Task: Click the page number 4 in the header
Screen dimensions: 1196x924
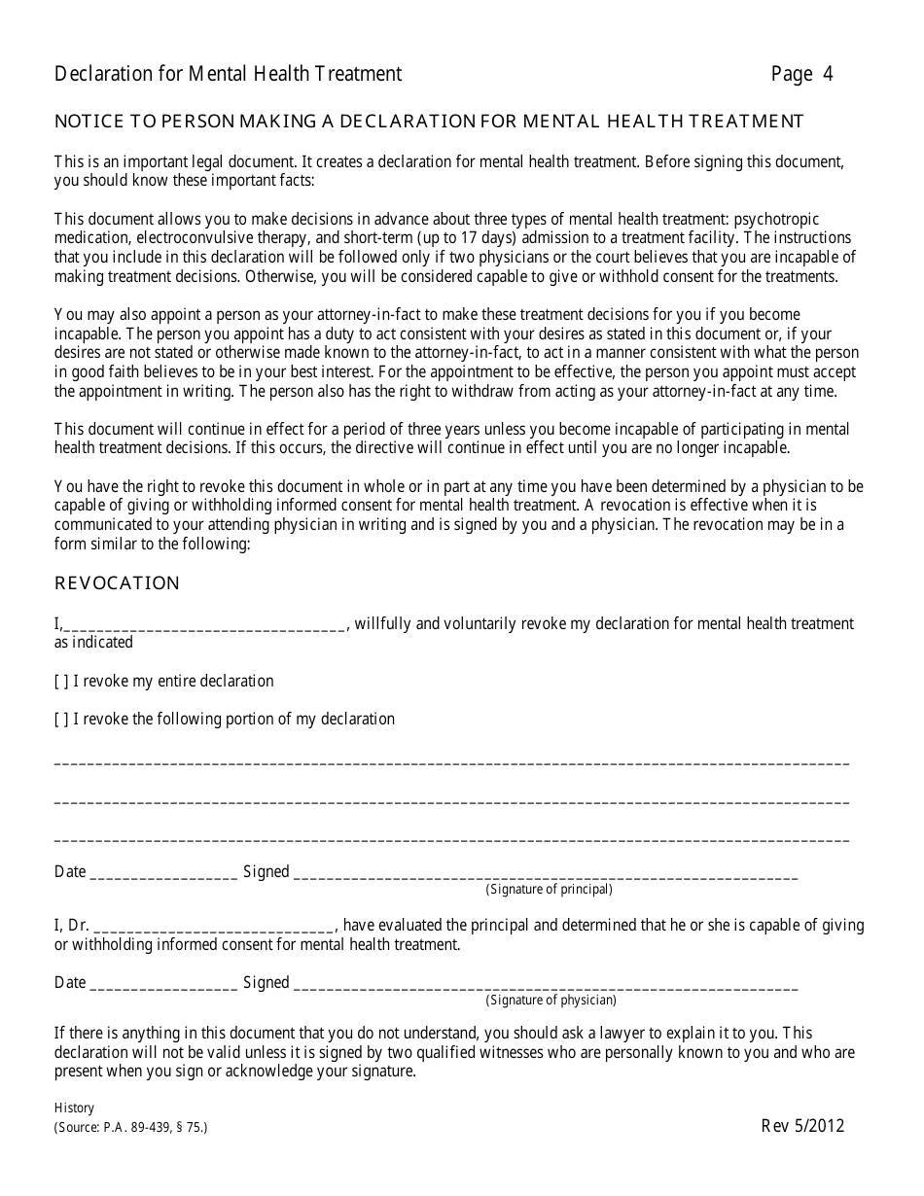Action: (x=827, y=74)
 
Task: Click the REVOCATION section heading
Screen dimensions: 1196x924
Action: (x=117, y=583)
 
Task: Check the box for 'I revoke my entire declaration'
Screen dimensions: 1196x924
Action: (x=61, y=682)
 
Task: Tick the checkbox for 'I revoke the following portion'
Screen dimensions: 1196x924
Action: (x=61, y=720)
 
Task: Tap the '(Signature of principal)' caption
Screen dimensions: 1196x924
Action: (x=549, y=889)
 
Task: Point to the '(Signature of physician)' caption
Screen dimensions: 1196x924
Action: (x=551, y=1001)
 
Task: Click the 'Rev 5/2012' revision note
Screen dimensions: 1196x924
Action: (x=802, y=1126)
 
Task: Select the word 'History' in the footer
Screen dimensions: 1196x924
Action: (x=74, y=1108)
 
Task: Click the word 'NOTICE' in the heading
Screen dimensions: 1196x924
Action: (x=89, y=122)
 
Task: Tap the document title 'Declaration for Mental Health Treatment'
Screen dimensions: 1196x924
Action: (x=228, y=74)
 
